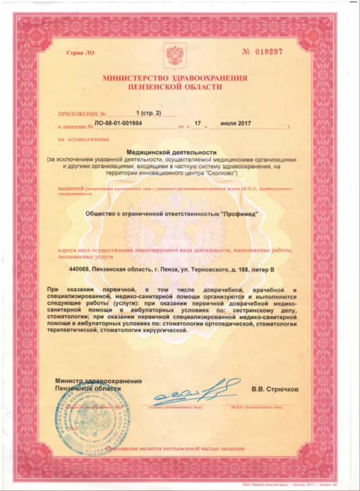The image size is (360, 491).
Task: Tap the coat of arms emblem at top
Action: [174, 54]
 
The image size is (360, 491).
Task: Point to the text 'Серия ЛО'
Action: [79, 54]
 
